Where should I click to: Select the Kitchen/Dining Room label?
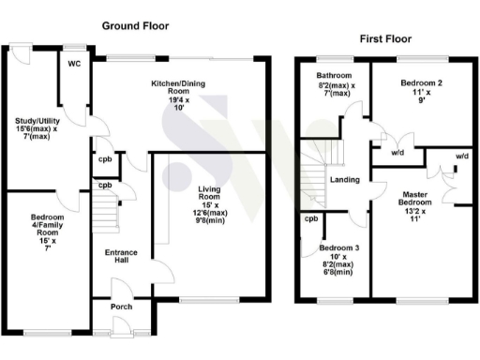point(177,88)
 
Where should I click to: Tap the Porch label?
point(119,306)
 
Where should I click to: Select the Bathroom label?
point(333,75)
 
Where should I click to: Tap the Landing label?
point(345,179)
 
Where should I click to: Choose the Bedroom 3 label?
point(337,248)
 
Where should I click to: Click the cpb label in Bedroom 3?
point(311,219)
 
